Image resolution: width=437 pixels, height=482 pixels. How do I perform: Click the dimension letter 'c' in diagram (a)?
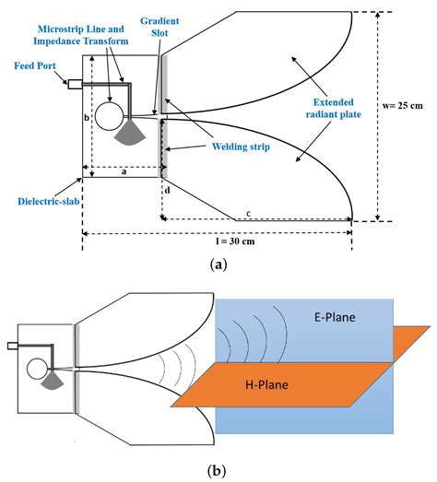click(x=248, y=213)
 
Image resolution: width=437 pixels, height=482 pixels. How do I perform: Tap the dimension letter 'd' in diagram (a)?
click(x=167, y=190)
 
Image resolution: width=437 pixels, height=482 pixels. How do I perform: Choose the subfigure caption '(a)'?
click(x=218, y=265)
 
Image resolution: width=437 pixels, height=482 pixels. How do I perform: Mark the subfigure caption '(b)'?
click(x=218, y=470)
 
